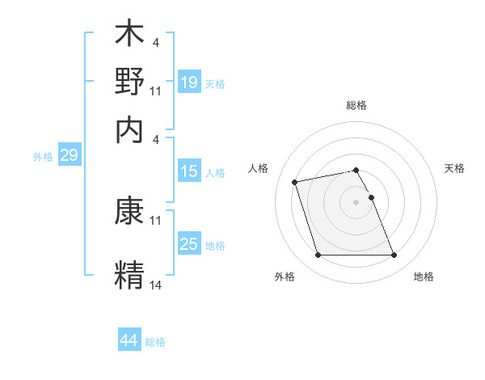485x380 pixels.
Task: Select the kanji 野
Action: click(129, 82)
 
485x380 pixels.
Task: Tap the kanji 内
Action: click(129, 127)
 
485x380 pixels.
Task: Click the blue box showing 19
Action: click(189, 82)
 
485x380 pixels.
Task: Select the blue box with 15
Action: click(189, 171)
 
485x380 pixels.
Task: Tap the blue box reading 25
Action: click(189, 244)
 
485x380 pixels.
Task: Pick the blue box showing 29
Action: click(69, 156)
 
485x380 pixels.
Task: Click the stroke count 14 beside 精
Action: click(156, 284)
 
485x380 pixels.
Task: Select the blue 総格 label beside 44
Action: click(155, 342)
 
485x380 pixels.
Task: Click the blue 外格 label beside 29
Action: click(42, 157)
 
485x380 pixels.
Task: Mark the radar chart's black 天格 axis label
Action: click(454, 168)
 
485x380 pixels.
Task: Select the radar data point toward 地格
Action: click(394, 255)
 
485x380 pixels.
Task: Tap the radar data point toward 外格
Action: click(318, 255)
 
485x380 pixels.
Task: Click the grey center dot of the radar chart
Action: click(356, 202)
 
